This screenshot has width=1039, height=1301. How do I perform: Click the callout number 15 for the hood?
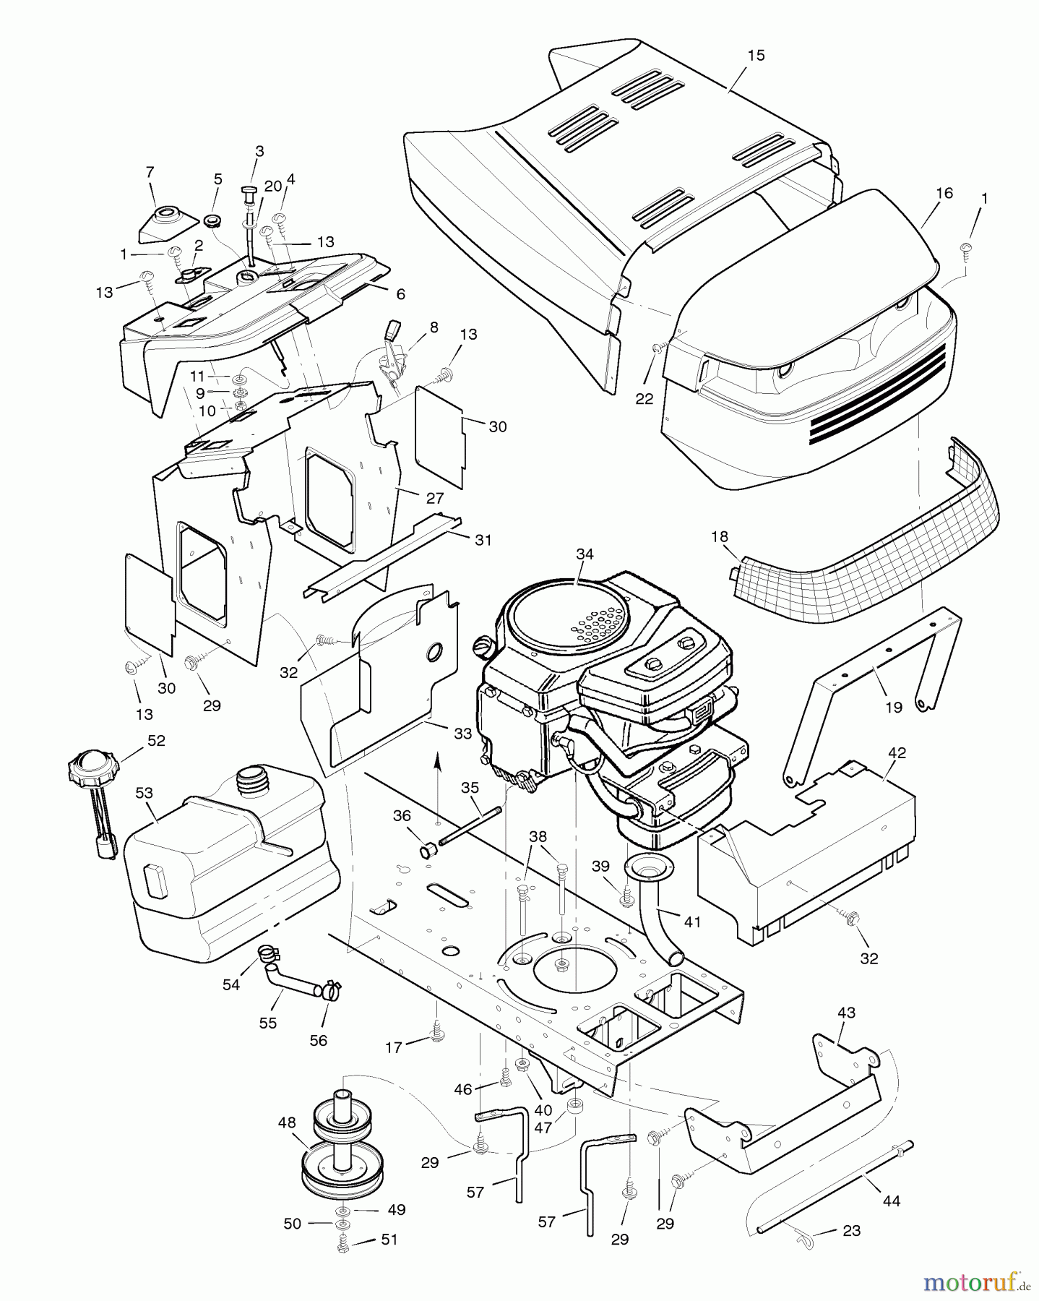[756, 56]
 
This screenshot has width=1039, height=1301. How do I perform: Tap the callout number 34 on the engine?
[585, 554]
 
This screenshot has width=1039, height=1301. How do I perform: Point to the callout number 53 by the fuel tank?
[144, 793]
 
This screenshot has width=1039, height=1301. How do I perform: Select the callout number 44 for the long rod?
[892, 1201]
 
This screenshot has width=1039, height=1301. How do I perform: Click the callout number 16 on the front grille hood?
[944, 193]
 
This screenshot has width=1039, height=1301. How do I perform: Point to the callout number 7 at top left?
[150, 172]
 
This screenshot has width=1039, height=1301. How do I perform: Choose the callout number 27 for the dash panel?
[434, 499]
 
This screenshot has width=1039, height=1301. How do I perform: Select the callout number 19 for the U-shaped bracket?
[894, 707]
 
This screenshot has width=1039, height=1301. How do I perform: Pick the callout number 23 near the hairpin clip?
[852, 1230]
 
